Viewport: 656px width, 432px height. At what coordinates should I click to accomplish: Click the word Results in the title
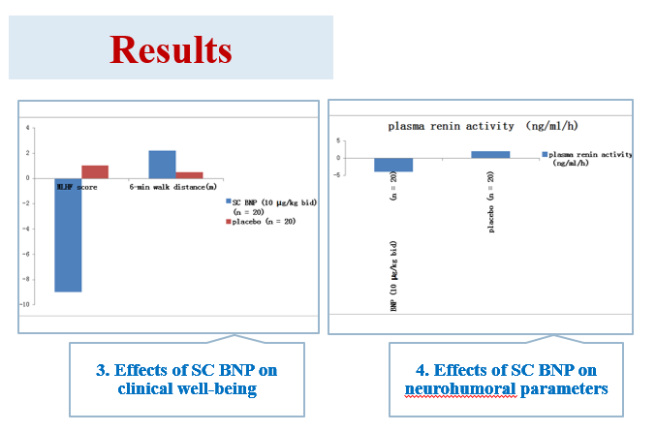171,48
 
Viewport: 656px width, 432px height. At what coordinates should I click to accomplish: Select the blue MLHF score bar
68,233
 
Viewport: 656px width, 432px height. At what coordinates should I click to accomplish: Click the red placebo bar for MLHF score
95,171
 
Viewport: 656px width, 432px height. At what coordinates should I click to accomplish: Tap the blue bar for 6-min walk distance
162,164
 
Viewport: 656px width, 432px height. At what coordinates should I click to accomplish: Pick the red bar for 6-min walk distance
189,174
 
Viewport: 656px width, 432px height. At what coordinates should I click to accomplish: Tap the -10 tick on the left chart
28,304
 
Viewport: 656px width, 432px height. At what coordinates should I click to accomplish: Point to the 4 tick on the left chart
29,127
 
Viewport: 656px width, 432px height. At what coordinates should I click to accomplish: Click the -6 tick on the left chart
29,254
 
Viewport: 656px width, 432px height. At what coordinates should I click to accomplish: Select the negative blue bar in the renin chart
393,165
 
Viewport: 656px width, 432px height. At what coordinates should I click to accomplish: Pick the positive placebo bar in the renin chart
490,154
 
